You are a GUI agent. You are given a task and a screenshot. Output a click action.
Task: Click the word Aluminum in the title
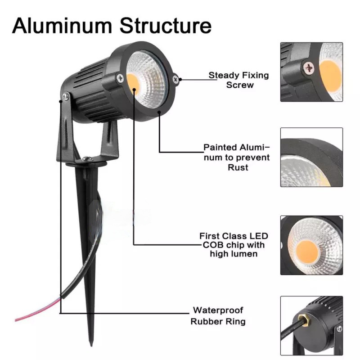tap(62, 26)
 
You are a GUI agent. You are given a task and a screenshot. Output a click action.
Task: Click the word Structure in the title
tap(165, 26)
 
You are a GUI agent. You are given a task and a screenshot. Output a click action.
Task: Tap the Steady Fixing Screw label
tap(239, 80)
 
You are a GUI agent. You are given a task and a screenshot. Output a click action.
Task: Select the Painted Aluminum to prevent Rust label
tap(237, 157)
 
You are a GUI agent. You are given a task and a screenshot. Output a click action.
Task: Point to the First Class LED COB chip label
tap(234, 245)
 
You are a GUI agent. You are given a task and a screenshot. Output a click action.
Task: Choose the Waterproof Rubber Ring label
tap(218, 316)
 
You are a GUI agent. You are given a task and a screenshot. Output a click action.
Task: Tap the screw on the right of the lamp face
tap(176, 80)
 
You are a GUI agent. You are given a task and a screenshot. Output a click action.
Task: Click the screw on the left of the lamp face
tap(120, 78)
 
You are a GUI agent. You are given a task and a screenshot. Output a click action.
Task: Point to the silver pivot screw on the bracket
tap(65, 96)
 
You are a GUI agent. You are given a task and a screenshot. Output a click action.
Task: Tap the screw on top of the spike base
tap(87, 158)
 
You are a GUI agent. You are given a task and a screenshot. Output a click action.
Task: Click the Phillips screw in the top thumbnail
tap(309, 67)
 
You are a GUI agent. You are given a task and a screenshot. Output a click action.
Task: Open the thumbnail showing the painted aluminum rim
tap(311, 157)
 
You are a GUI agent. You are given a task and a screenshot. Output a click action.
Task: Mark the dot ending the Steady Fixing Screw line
tap(180, 80)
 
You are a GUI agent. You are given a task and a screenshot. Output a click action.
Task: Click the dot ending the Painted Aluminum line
tap(159, 112)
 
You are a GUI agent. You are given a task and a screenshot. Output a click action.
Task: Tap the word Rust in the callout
tap(238, 167)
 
